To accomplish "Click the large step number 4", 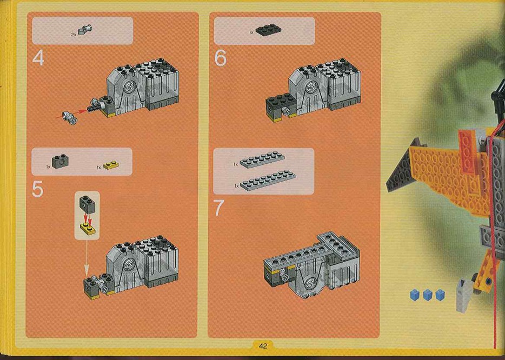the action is (x=38, y=58).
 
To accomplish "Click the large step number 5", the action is (x=37, y=189).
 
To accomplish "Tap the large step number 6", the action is (x=220, y=58).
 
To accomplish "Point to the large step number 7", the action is (x=218, y=208).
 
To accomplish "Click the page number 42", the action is (x=263, y=346).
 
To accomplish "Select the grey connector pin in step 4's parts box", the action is (x=87, y=30).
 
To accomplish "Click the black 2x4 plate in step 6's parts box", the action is (x=268, y=30).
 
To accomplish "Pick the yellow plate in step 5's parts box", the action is (x=111, y=165).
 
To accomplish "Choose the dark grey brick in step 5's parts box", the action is (x=60, y=162).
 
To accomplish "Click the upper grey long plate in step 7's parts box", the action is (x=262, y=159).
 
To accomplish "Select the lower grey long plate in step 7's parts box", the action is (x=267, y=181).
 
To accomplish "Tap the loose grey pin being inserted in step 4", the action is (x=70, y=117).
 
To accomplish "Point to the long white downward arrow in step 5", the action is (x=86, y=256).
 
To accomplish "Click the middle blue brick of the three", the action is (x=427, y=295).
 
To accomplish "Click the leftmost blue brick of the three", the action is (x=414, y=295).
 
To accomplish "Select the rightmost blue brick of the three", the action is (x=440, y=295).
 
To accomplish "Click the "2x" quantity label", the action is (x=74, y=34).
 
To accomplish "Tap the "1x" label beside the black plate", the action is (x=251, y=32).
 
